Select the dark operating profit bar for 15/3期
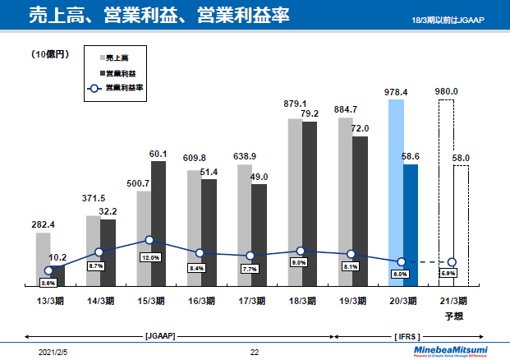click(x=159, y=222)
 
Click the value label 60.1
click(x=159, y=154)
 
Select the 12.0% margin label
click(x=150, y=257)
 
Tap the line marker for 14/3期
click(x=99, y=252)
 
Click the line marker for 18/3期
click(x=301, y=251)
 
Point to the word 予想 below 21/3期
click(x=453, y=313)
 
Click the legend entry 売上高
click(x=122, y=58)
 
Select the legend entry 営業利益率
click(x=126, y=87)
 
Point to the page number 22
click(x=255, y=353)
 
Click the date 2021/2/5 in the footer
click(x=54, y=353)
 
